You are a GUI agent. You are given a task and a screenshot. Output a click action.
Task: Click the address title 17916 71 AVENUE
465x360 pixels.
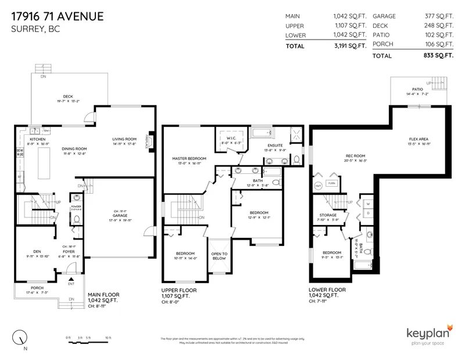[58, 16]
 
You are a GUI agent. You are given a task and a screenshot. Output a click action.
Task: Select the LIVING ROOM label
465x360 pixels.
[124, 139]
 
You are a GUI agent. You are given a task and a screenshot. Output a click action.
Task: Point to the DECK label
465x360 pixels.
[68, 97]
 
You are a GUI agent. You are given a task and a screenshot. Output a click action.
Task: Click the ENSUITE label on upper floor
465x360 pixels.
[275, 145]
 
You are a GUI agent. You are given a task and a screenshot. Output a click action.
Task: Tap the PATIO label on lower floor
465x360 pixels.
[418, 89]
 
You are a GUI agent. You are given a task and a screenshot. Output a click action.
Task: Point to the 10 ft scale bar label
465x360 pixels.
[108, 337]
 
